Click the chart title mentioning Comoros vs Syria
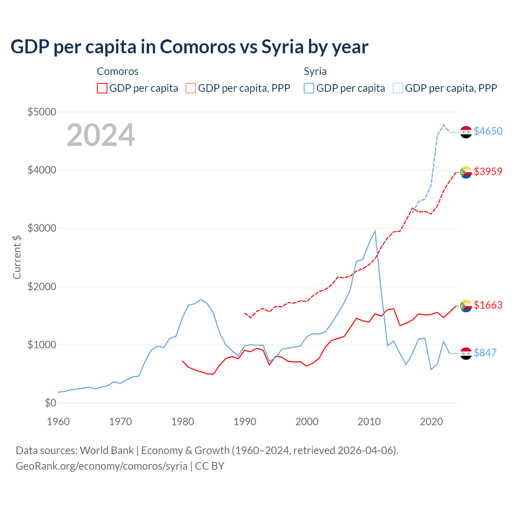coord(189,47)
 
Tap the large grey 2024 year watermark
coord(101,135)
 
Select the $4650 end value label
coord(488,131)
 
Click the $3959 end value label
coord(488,172)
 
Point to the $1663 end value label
coord(488,305)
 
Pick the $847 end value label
coord(485,353)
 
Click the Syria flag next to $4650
coord(466,131)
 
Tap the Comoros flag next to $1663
coord(466,306)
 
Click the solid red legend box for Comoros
coord(102,88)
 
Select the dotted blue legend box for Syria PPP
coord(398,88)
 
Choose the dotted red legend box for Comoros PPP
coord(191,88)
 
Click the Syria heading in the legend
coord(315,71)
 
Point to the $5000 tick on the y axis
coord(42,112)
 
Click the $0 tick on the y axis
coord(50,403)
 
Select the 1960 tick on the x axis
coord(59,422)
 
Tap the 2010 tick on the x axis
coord(369,422)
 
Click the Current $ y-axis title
coord(17,257)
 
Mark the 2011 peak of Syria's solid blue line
coord(375,231)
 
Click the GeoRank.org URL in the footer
coord(101,466)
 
